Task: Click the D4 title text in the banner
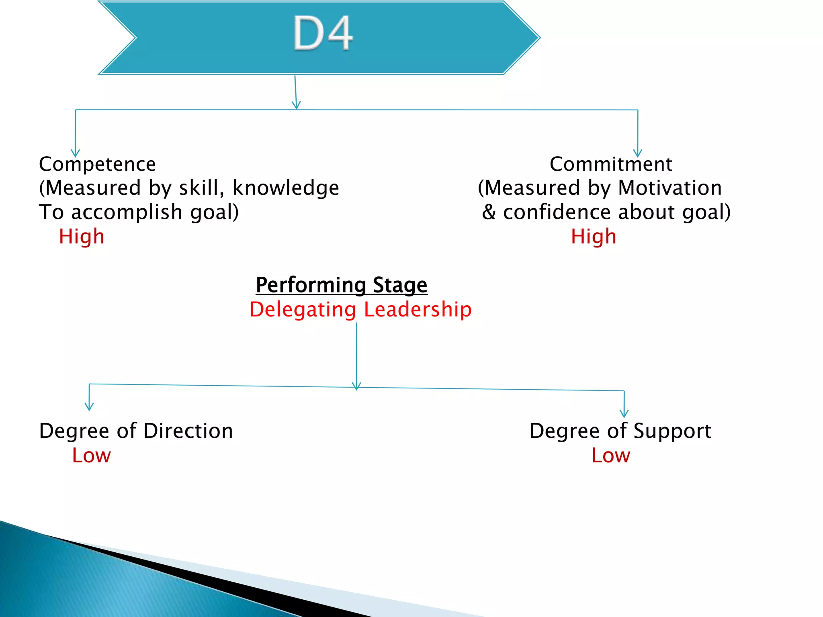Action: pyautogui.click(x=323, y=33)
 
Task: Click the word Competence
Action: pyautogui.click(x=97, y=164)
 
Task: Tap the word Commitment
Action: pyautogui.click(x=610, y=164)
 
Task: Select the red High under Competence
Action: pyautogui.click(x=82, y=236)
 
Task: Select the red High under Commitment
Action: pyautogui.click(x=594, y=236)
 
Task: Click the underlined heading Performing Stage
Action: pyautogui.click(x=342, y=285)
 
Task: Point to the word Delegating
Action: pyautogui.click(x=303, y=310)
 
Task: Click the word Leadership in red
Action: pyautogui.click(x=418, y=310)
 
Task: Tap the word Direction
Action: pyautogui.click(x=188, y=431)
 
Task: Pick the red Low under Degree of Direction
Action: pyautogui.click(x=91, y=456)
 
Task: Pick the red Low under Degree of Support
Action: pyautogui.click(x=611, y=456)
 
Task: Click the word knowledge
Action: pyautogui.click(x=286, y=188)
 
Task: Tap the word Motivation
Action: pyautogui.click(x=670, y=188)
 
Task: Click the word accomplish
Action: pyautogui.click(x=127, y=212)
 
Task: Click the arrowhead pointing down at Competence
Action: pyautogui.click(x=75, y=153)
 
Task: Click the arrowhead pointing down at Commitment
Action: pyautogui.click(x=638, y=153)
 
